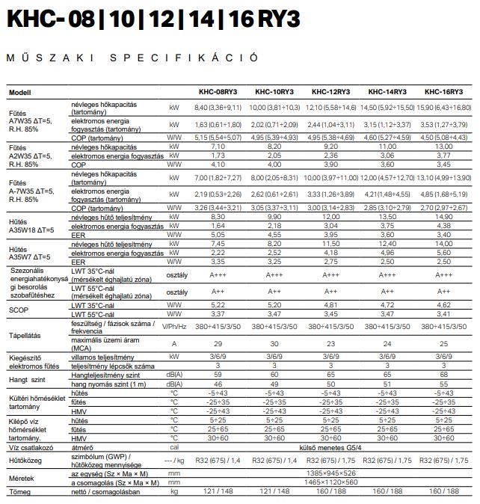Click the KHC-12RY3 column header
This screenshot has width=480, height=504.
[x=330, y=92]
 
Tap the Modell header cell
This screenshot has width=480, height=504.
[x=20, y=92]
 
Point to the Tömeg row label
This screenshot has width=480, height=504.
[x=19, y=491]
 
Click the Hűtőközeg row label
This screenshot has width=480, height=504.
[x=25, y=461]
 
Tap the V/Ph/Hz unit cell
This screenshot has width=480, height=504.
[x=174, y=326]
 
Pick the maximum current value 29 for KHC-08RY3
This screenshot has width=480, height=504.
[x=218, y=342]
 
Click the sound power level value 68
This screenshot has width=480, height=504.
[x=443, y=374]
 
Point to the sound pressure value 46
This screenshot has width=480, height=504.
[x=218, y=383]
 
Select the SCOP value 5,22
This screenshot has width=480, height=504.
[x=218, y=305]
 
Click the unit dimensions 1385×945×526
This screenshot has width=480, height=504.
[x=330, y=474]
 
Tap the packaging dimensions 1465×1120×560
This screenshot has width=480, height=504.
[x=330, y=483]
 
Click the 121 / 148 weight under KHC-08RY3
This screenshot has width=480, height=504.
[x=218, y=491]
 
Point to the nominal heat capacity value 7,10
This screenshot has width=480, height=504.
[x=218, y=147]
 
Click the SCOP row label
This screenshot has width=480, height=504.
[x=19, y=310]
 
